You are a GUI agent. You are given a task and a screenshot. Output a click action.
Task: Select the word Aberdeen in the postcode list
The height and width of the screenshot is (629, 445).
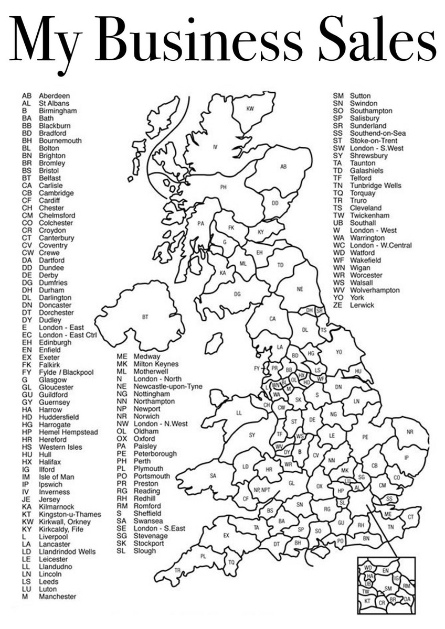(x=54, y=96)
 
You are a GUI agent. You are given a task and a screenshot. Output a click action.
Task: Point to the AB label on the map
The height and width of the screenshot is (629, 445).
(x=283, y=167)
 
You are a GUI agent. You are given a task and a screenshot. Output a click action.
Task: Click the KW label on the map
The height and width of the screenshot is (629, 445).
(x=250, y=109)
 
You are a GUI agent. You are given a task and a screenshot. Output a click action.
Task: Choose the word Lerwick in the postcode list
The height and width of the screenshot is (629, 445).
(x=362, y=305)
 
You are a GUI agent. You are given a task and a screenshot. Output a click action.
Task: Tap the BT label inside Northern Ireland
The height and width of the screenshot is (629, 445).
(x=145, y=317)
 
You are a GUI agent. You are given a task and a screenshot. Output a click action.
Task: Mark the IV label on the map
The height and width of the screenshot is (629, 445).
(x=215, y=147)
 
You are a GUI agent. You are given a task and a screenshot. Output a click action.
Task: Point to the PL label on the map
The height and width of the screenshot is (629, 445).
(x=204, y=556)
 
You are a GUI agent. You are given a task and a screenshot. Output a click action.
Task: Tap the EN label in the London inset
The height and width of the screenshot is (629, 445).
(x=386, y=570)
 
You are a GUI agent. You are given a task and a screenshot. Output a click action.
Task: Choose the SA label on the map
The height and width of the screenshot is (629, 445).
(x=213, y=476)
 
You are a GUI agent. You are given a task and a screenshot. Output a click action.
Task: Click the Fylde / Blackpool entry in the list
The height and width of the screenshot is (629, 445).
(x=66, y=372)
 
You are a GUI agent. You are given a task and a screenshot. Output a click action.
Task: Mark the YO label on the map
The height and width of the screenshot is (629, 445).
(x=338, y=352)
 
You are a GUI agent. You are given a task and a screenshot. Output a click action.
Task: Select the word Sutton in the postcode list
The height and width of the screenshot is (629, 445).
(x=360, y=96)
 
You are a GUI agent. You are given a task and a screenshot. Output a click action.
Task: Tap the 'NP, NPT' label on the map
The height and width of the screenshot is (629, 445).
(x=261, y=490)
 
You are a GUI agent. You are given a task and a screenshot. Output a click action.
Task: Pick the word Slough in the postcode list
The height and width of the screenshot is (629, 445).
(x=145, y=551)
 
